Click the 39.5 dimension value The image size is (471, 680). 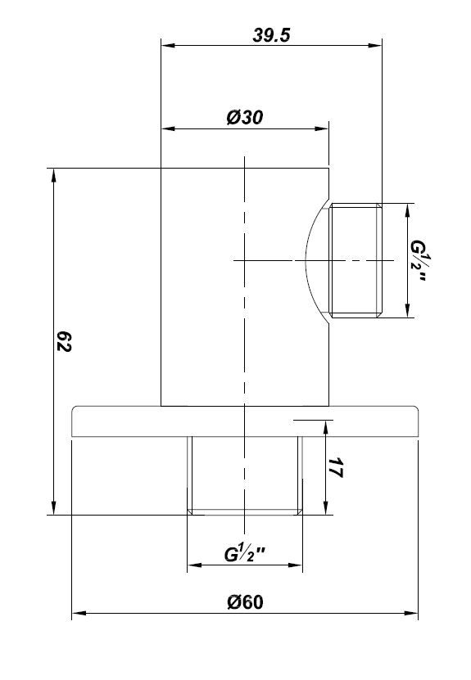click(271, 35)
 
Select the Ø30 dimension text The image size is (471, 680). click(245, 118)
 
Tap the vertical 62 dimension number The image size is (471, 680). click(64, 342)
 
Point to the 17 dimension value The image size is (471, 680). click(336, 467)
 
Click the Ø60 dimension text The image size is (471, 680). click(245, 602)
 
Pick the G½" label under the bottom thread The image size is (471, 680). click(245, 554)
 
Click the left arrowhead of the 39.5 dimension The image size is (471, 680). click(168, 45)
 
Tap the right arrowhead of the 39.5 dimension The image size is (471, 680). click(375, 45)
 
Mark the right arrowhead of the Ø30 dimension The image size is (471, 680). click(322, 128)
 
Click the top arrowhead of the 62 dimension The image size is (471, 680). click(53, 175)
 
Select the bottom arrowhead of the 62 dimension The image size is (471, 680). click(53, 508)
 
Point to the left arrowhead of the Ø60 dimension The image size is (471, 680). click(79, 613)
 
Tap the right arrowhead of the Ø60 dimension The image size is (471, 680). click(411, 613)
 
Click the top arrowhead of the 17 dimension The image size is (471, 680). click(325, 427)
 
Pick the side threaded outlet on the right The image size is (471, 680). click(356, 260)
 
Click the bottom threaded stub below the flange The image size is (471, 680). click(245, 475)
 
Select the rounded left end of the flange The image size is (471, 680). click(73, 421)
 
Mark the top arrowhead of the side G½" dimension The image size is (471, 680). click(407, 210)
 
